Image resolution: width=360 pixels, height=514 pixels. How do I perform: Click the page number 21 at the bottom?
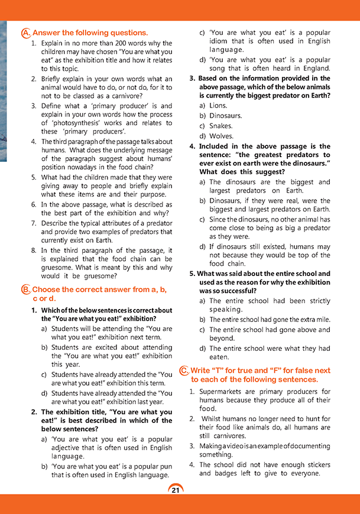[176, 489]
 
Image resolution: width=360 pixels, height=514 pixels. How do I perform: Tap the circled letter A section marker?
[25, 33]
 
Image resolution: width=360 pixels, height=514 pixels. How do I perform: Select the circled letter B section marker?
[25, 289]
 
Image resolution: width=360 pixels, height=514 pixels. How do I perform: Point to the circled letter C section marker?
[184, 371]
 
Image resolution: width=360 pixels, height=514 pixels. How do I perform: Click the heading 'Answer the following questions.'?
[89, 33]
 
